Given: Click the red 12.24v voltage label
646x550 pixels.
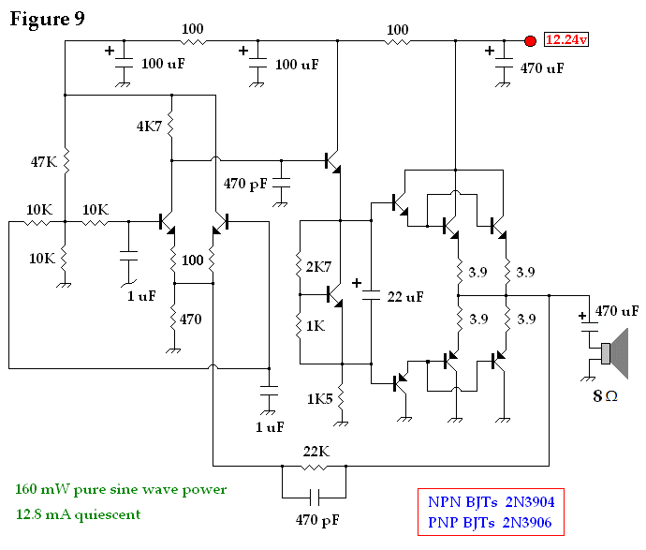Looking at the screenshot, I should (x=566, y=40).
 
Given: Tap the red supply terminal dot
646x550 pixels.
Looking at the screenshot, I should (x=530, y=41).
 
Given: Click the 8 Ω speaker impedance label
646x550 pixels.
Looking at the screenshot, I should (x=605, y=395).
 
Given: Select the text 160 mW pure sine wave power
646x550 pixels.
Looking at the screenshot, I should (x=121, y=489).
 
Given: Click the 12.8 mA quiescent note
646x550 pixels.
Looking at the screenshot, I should (x=78, y=513).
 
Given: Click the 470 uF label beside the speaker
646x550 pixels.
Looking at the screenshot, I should (x=617, y=310).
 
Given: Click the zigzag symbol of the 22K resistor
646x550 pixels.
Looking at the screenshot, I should (x=314, y=466).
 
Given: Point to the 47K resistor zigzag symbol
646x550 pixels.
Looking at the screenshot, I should (x=66, y=162).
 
